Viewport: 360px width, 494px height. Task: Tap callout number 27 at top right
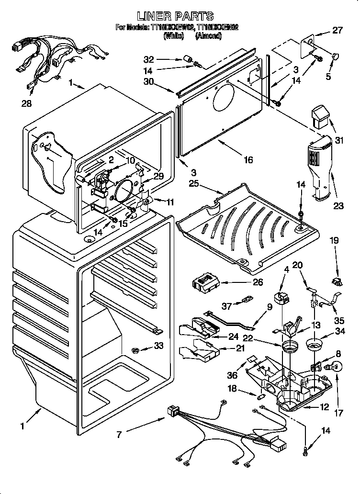pos(338,31)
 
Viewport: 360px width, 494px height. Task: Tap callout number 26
pos(258,282)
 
